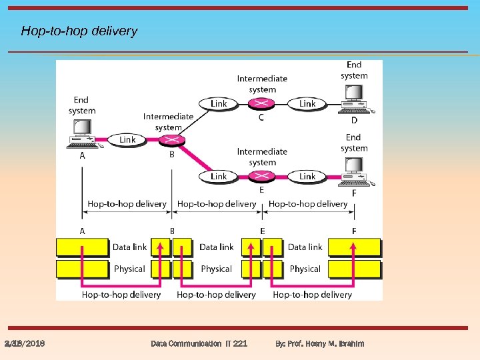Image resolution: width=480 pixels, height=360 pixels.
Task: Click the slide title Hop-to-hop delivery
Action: click(79, 31)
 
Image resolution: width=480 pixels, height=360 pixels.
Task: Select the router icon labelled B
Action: click(173, 140)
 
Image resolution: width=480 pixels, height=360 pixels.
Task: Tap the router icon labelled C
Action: click(261, 103)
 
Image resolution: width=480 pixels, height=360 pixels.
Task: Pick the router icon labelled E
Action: click(261, 176)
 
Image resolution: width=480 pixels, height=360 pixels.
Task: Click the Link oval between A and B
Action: click(127, 139)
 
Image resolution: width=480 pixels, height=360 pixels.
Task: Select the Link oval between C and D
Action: click(307, 103)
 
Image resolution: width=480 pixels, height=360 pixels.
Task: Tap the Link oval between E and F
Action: click(307, 176)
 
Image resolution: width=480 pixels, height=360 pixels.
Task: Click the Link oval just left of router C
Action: click(219, 103)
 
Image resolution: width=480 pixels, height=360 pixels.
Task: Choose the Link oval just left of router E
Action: click(219, 176)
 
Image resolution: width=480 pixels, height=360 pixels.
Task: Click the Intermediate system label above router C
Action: click(262, 83)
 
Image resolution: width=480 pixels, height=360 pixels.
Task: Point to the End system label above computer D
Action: click(354, 70)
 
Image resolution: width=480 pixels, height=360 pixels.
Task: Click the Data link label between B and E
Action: click(217, 247)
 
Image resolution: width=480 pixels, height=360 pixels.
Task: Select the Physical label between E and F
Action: click(305, 269)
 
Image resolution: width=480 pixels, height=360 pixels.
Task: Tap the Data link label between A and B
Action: click(129, 247)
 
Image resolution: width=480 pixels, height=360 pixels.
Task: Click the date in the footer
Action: click(25, 343)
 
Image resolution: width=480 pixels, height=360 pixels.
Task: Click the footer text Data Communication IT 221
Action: click(199, 343)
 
